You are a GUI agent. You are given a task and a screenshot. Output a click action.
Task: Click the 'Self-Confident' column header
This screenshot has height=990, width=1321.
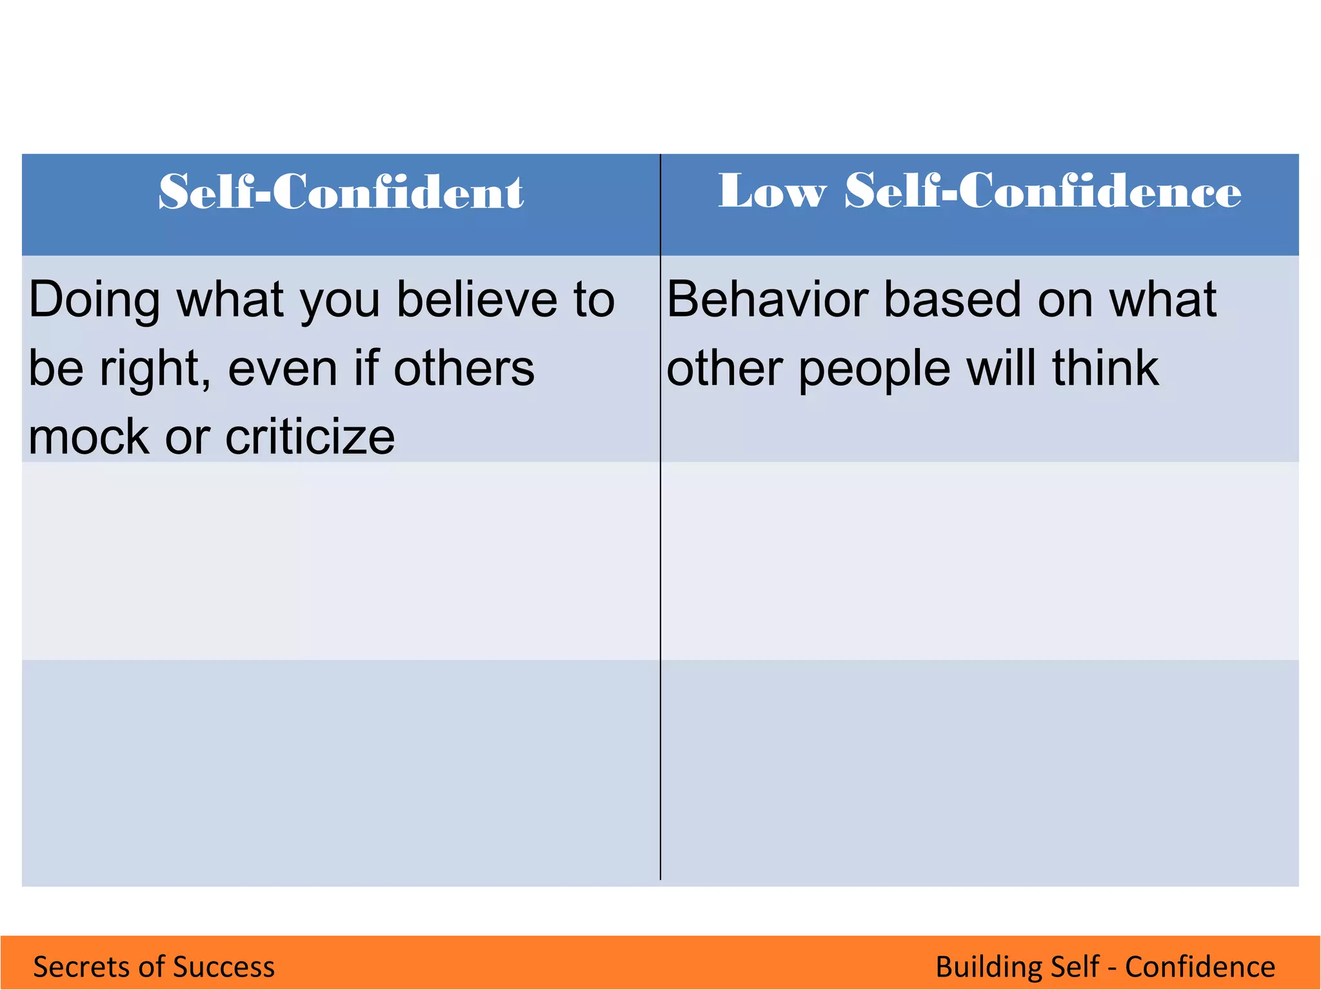click(x=341, y=192)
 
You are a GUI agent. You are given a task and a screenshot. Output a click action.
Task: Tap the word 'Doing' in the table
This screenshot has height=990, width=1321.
click(x=94, y=300)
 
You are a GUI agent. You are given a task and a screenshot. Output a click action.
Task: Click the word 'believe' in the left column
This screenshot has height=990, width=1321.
click(x=477, y=300)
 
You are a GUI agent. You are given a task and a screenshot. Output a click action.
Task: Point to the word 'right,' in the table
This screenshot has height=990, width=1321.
click(x=155, y=369)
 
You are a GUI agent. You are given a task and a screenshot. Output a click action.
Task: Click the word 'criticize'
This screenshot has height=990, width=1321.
click(x=310, y=437)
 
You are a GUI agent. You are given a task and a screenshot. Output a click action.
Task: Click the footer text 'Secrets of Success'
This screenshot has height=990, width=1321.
click(x=154, y=967)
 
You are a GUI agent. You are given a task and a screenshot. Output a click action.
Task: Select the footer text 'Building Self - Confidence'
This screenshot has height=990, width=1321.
click(x=1105, y=967)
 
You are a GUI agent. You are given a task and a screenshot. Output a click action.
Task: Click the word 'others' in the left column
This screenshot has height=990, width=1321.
click(x=464, y=369)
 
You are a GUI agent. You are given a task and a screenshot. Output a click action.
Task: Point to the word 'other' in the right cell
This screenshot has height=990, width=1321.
click(x=725, y=369)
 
